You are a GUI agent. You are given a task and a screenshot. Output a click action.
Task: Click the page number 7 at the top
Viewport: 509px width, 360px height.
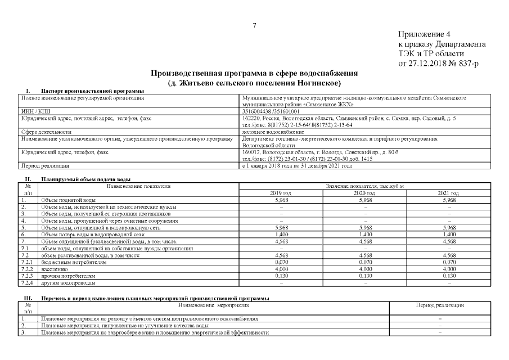(x=254, y=25)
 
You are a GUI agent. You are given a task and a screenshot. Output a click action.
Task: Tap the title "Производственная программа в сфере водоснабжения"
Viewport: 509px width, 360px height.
(x=254, y=74)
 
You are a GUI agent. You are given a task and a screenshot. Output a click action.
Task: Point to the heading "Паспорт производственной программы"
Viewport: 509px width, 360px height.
(x=92, y=91)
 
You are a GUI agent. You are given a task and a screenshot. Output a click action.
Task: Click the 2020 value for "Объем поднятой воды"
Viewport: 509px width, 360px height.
(x=366, y=200)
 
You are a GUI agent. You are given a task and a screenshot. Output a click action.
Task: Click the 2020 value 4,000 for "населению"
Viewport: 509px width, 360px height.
(x=366, y=269)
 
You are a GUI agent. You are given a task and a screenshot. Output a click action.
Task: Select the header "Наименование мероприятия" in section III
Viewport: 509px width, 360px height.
(x=214, y=305)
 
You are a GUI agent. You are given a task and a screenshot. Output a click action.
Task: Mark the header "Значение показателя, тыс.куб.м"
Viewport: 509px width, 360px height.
(x=366, y=186)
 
